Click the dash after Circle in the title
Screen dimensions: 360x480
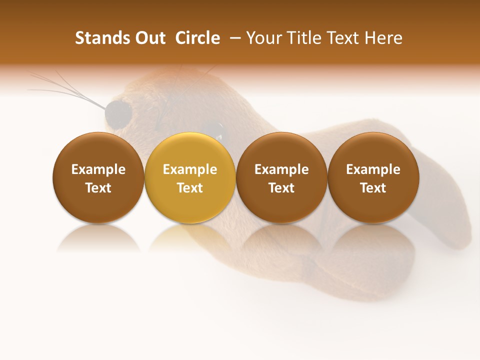tap(234, 38)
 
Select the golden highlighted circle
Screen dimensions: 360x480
tap(190, 177)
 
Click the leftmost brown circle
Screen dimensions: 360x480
tap(98, 177)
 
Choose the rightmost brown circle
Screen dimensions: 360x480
tap(373, 177)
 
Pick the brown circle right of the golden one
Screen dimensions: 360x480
tap(281, 177)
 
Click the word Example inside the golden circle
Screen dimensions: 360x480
tap(190, 169)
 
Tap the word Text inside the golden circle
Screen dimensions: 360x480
tap(190, 188)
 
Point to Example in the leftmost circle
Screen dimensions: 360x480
tap(98, 169)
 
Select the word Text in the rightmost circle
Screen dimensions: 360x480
tap(373, 188)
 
